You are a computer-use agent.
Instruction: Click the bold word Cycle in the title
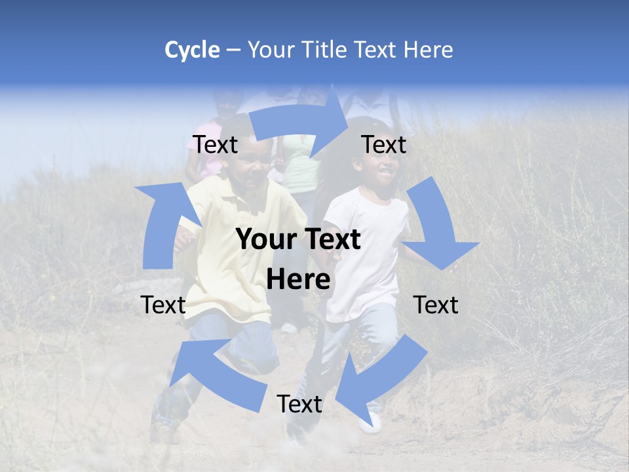192,50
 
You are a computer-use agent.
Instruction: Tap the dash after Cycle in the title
233,50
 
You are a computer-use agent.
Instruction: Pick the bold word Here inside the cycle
298,280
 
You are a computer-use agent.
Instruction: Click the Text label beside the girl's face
384,145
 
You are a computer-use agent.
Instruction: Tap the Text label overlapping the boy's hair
216,145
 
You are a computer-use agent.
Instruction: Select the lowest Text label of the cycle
299,404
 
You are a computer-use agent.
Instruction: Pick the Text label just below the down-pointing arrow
436,305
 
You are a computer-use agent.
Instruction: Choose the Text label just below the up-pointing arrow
164,305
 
